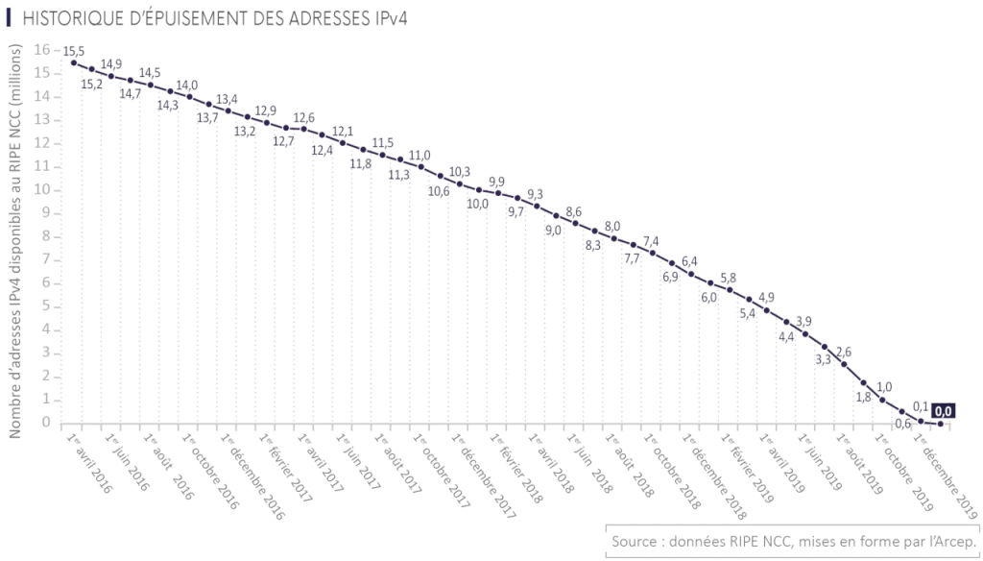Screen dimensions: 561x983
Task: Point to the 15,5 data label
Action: click(74, 48)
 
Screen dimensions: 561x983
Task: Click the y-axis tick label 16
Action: click(41, 49)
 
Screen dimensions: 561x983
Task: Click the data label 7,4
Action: click(651, 241)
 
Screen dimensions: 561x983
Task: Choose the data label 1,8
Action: click(862, 397)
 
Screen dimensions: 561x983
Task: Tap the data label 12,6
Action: click(304, 117)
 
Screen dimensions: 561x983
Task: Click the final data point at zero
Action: click(940, 424)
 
